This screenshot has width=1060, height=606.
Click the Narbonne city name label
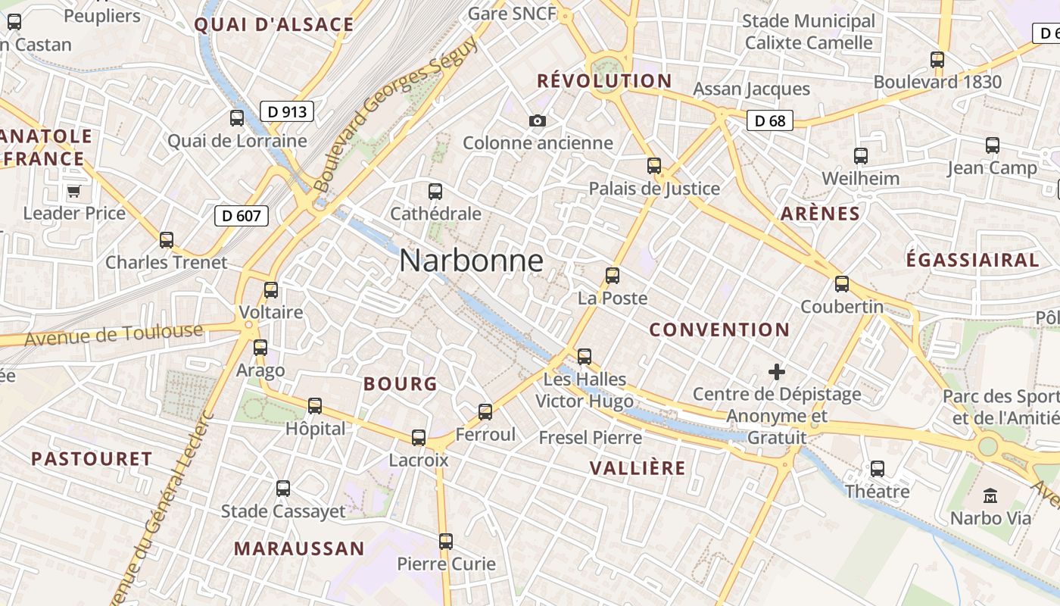click(x=471, y=261)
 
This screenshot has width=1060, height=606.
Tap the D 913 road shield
click(x=287, y=112)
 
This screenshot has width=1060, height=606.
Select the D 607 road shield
click(x=242, y=216)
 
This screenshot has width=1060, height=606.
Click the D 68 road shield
click(x=770, y=120)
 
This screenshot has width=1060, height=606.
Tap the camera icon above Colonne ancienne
click(x=537, y=120)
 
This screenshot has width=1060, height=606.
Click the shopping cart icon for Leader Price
click(x=73, y=191)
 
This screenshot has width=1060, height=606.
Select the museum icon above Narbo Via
click(x=990, y=496)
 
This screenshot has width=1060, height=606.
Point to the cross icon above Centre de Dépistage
click(x=776, y=372)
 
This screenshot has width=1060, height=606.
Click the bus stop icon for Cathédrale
click(x=435, y=192)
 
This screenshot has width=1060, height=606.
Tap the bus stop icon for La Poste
click(x=612, y=276)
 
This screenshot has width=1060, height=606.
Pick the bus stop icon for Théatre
click(x=877, y=469)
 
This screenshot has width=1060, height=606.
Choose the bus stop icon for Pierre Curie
click(x=446, y=542)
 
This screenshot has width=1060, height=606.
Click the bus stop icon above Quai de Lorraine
click(x=237, y=118)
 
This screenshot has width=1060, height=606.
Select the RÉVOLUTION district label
click(x=604, y=81)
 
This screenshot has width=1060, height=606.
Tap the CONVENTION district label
click(x=719, y=330)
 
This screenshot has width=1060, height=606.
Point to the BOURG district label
click(x=401, y=384)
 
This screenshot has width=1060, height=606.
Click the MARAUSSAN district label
click(x=299, y=548)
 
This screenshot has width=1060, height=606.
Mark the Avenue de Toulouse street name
click(x=114, y=334)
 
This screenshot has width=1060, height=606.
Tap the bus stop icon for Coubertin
click(x=841, y=284)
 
